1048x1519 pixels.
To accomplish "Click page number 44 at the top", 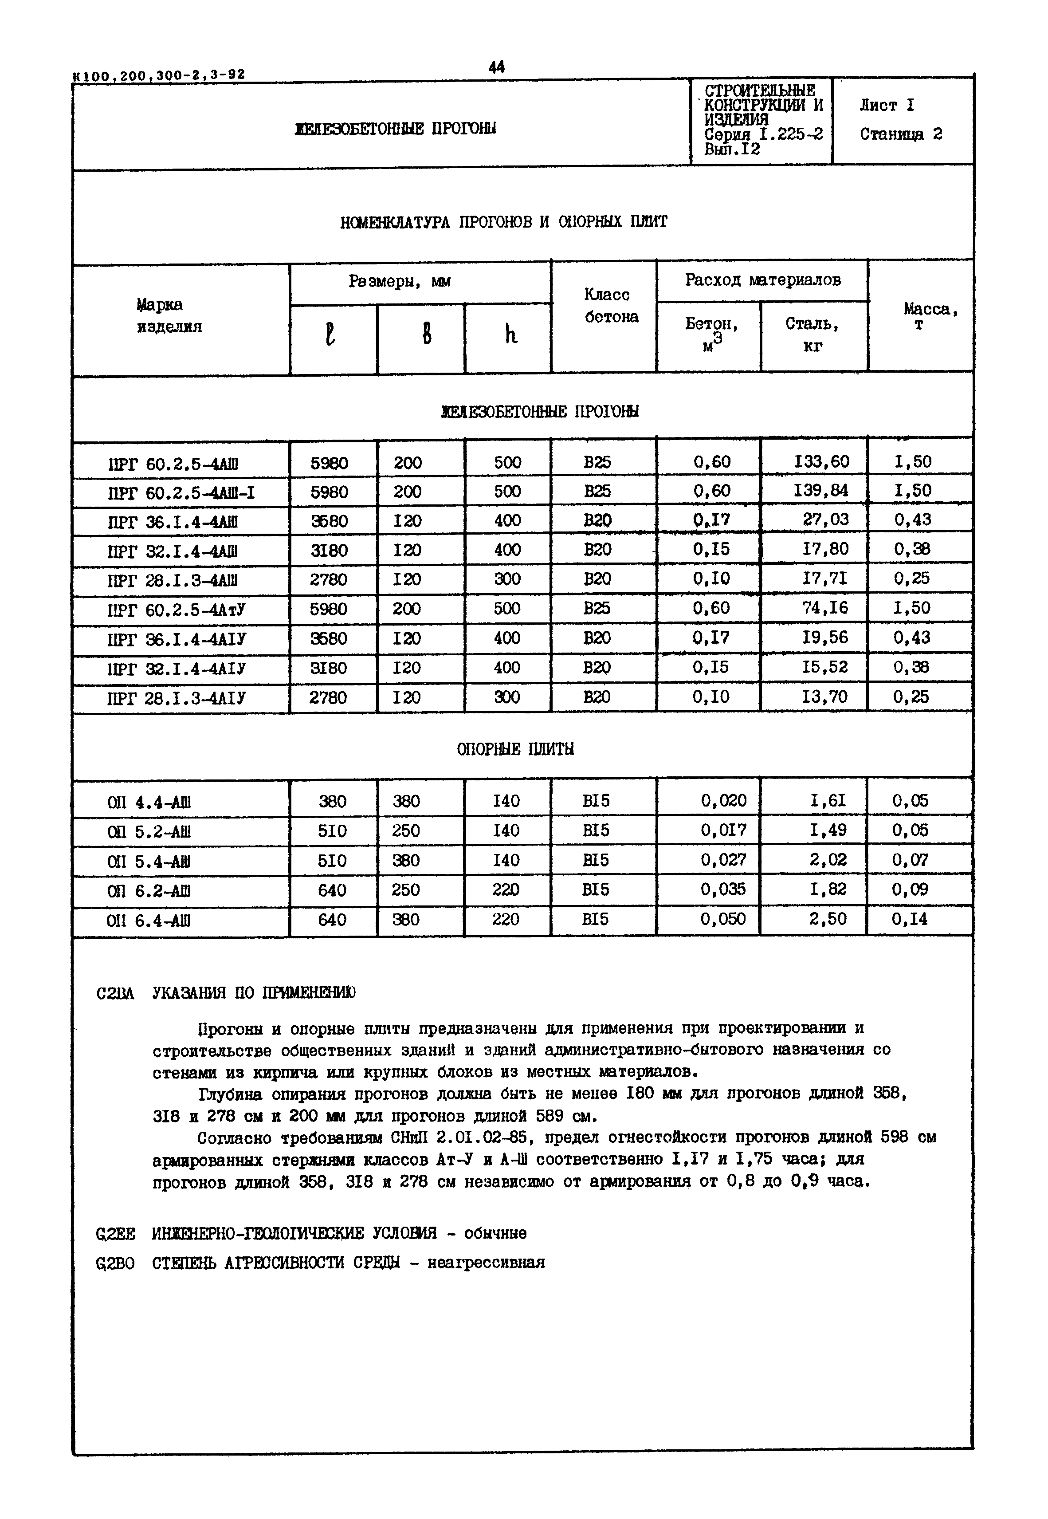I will [x=496, y=67].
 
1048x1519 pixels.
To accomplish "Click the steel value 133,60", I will [x=821, y=462].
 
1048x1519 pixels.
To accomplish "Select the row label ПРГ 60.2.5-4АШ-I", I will [x=181, y=492].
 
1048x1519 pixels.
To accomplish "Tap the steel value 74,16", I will [x=825, y=608].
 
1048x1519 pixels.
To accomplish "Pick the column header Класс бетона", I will [x=611, y=306].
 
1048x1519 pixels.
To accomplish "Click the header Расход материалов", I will [x=762, y=280].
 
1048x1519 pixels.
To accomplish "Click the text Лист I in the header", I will [x=887, y=106].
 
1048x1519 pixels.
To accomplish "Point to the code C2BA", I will [x=115, y=994].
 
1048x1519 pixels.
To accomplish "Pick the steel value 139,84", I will [x=821, y=491].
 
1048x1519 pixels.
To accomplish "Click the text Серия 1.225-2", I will [x=763, y=134].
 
